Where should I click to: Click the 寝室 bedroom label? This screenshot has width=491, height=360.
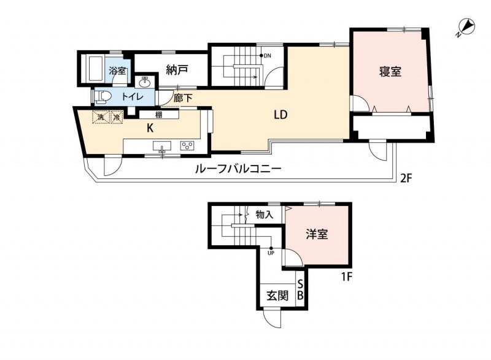click(x=390, y=72)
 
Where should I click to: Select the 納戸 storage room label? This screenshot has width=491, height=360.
click(x=177, y=71)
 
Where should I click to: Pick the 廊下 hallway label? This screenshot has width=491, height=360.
click(x=182, y=98)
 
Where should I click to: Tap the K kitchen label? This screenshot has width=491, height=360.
click(x=149, y=128)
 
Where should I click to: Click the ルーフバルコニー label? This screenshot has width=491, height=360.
click(x=238, y=169)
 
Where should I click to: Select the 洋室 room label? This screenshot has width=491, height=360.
click(x=317, y=234)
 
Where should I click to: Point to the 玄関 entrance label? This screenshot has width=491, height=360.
click(x=277, y=295)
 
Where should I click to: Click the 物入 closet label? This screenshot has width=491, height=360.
click(x=265, y=215)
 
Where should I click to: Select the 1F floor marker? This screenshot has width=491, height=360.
click(x=347, y=277)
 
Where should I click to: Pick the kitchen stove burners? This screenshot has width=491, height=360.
click(x=187, y=146)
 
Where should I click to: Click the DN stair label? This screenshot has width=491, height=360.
click(x=267, y=56)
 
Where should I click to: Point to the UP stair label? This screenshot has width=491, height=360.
click(x=271, y=251)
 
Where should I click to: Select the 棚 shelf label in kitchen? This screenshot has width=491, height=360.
click(x=158, y=114)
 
